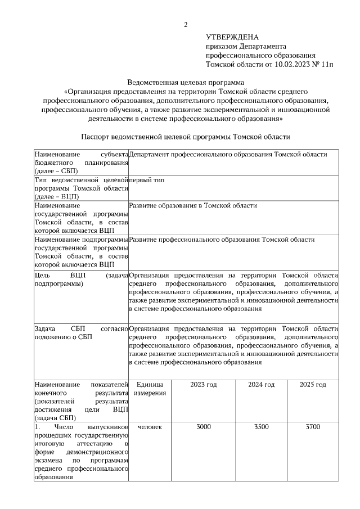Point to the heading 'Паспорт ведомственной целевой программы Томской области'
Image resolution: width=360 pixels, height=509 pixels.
185,137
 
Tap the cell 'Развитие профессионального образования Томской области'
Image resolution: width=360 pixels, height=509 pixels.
222,240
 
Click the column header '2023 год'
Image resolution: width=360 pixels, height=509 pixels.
204,384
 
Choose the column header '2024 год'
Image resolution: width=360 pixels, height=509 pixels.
262,384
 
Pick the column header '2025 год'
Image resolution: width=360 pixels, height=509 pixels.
313,384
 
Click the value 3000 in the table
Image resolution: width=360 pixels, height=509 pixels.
204,427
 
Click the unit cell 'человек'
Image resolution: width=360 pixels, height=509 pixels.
150,427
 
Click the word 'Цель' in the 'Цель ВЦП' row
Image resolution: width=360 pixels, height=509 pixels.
42,276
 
